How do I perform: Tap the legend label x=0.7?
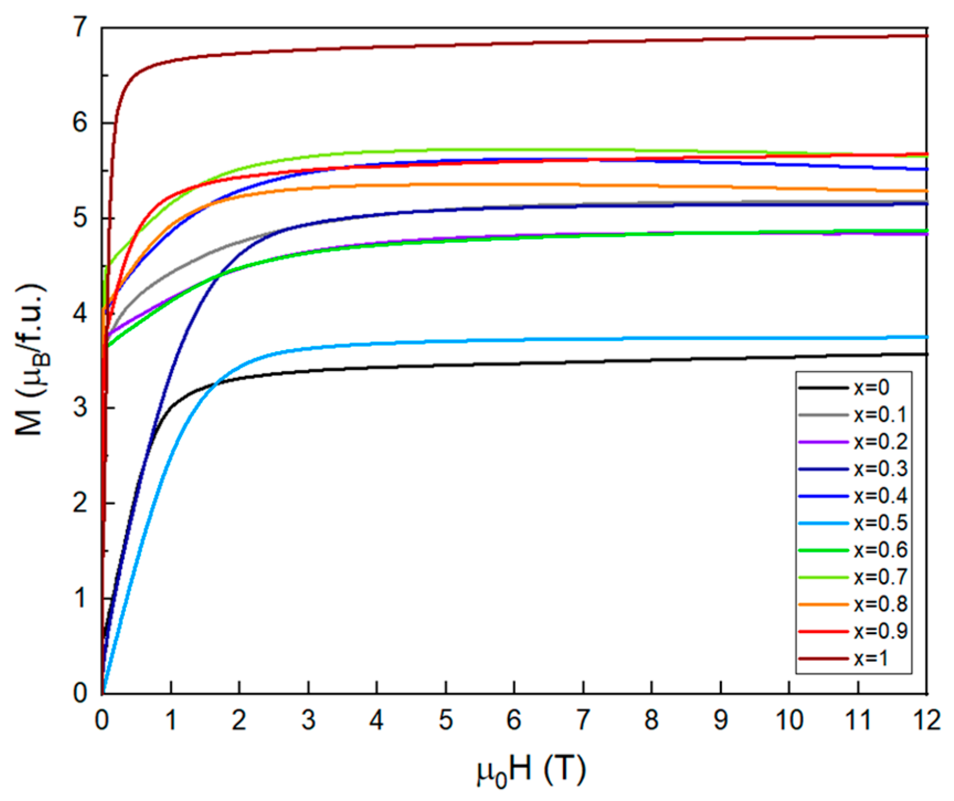(x=880, y=577)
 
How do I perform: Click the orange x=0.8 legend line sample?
(x=823, y=604)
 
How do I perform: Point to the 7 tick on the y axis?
(x=81, y=28)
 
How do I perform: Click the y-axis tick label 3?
(x=81, y=408)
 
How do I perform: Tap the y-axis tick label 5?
(x=81, y=218)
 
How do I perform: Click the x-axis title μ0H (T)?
(x=531, y=770)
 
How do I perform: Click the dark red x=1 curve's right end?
(x=925, y=36)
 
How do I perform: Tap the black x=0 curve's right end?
(x=925, y=354)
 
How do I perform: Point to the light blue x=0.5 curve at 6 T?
(x=514, y=340)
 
